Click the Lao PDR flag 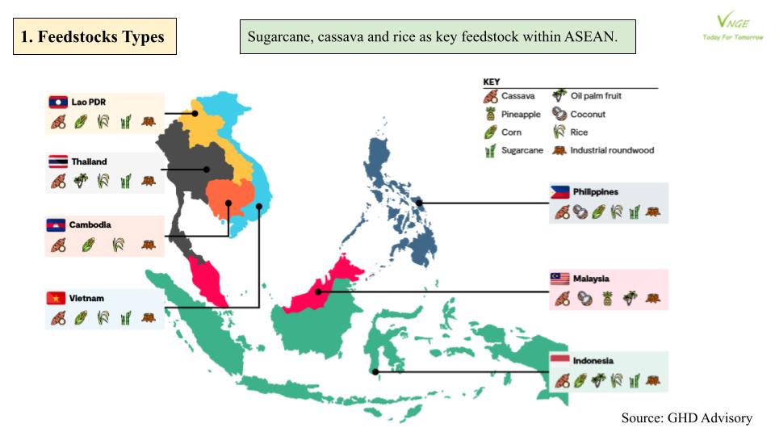pyautogui.click(x=57, y=103)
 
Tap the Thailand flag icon pyautogui.click(x=57, y=161)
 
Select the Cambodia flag pyautogui.click(x=56, y=225)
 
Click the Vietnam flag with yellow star pyautogui.click(x=56, y=298)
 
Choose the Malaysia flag pyautogui.click(x=560, y=279)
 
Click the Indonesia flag pyautogui.click(x=560, y=360)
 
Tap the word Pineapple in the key pyautogui.click(x=521, y=115)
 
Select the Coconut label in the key pyautogui.click(x=588, y=115)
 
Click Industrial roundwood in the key pyautogui.click(x=612, y=150)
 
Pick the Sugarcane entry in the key pyautogui.click(x=522, y=150)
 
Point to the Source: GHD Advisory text pyautogui.click(x=686, y=418)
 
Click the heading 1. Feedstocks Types pyautogui.click(x=94, y=37)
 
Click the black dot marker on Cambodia pyautogui.click(x=229, y=203)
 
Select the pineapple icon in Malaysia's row pyautogui.click(x=606, y=299)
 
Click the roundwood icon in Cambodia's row pyautogui.click(x=149, y=245)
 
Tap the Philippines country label pyautogui.click(x=596, y=192)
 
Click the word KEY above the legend pyautogui.click(x=492, y=82)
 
